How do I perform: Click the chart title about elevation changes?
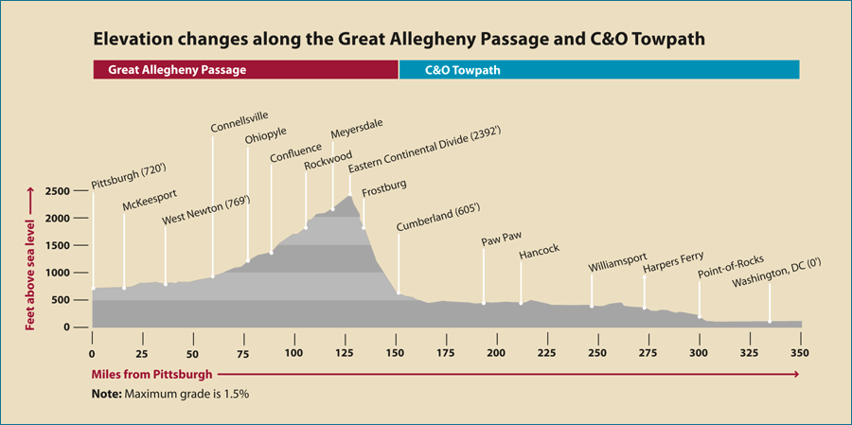point(399,41)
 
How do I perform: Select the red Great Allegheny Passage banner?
point(246,70)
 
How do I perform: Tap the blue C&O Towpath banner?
point(599,70)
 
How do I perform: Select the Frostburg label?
point(384,186)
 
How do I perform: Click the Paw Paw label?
point(502,239)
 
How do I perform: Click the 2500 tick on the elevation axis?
point(58,191)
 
